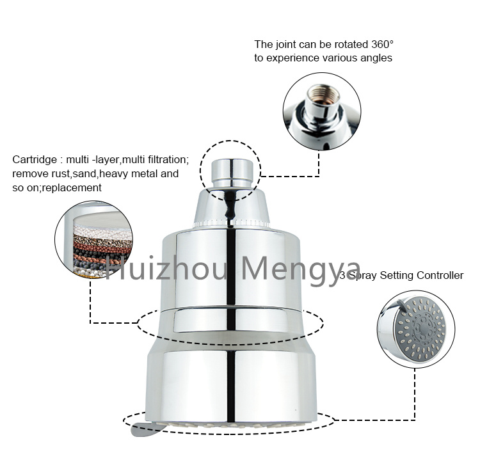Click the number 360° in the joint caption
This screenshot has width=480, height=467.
click(x=382, y=44)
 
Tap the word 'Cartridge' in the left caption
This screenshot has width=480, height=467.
click(x=35, y=160)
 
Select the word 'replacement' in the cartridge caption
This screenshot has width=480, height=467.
click(x=72, y=187)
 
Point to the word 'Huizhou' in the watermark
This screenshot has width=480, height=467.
click(x=166, y=269)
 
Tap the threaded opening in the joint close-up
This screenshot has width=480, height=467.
click(x=323, y=94)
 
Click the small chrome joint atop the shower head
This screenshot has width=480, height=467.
click(x=232, y=173)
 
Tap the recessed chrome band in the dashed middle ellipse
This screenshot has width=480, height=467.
click(x=231, y=320)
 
